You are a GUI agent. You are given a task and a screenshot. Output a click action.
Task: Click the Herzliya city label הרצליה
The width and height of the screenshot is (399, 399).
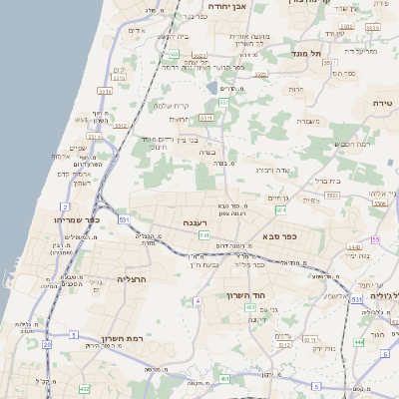131,279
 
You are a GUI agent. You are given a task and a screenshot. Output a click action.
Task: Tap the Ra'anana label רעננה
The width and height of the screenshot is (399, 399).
195,222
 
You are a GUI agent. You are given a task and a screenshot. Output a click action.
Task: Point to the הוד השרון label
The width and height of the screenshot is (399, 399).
261,297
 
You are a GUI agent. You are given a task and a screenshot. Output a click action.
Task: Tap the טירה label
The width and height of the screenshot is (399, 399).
382,104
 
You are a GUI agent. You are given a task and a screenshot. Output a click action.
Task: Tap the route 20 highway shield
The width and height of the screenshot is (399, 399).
46,344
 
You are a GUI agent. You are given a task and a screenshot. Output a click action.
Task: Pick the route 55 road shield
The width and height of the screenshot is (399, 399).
376,240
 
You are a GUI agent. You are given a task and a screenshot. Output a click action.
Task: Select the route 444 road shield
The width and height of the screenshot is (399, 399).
358,342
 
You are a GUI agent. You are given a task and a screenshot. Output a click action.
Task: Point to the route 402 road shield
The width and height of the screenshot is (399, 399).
85,387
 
